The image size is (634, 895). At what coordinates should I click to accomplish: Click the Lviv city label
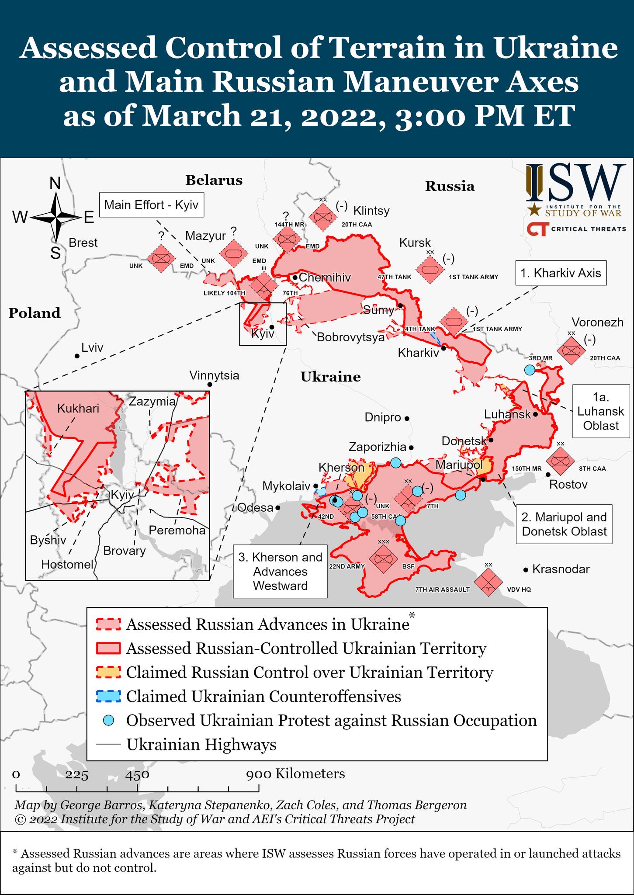[x=92, y=348]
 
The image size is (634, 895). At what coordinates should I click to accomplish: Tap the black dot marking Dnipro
[x=407, y=418]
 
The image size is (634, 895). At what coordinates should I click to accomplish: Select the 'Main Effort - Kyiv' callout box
[x=151, y=205]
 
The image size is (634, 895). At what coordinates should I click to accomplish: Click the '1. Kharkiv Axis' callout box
[x=561, y=273]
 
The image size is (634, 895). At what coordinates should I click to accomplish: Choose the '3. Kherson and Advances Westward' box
[x=280, y=571]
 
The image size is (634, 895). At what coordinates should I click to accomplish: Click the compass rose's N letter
[x=55, y=184]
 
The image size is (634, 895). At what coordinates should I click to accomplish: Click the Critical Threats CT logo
[x=537, y=229]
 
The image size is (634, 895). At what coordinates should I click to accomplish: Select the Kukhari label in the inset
[x=78, y=409]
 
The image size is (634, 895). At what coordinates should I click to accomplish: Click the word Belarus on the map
[x=214, y=180]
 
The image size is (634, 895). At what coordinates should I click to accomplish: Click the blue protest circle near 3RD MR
[x=530, y=370]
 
